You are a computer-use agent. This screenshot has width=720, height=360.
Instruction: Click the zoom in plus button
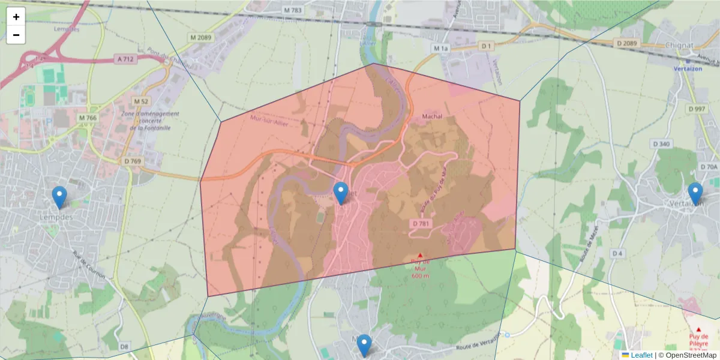point(16,17)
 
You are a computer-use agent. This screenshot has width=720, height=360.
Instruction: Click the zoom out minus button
point(16,35)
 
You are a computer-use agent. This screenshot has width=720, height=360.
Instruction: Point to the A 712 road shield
point(125,59)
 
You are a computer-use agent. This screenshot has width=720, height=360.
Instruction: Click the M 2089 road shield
point(200,37)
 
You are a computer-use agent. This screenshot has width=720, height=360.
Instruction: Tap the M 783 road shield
point(294,11)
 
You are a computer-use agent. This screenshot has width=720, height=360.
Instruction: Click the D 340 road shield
point(661,144)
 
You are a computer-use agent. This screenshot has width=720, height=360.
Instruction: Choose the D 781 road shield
point(422,224)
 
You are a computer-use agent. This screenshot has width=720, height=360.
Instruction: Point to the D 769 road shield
point(133,161)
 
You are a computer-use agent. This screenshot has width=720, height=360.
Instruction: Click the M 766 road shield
point(87,118)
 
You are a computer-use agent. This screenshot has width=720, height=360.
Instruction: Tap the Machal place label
point(432,115)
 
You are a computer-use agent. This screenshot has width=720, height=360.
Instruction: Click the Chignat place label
point(680,45)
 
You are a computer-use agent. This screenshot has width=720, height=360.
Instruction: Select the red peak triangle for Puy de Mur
point(420,255)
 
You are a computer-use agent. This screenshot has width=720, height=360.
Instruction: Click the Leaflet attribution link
point(641,355)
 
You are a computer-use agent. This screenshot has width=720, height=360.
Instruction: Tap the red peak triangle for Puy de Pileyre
point(698,329)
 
